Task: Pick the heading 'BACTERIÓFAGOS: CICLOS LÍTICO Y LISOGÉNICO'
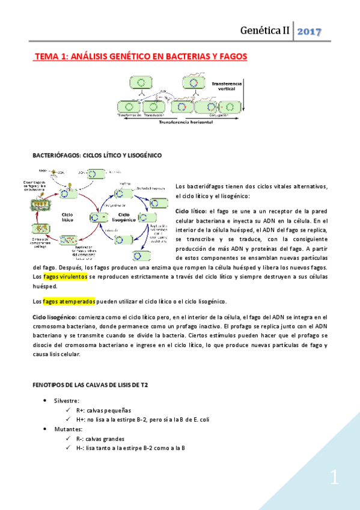[97, 155]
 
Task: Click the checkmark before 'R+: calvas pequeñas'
[69, 410]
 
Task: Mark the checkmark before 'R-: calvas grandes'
[69, 439]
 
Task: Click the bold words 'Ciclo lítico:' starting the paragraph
[191, 211]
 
